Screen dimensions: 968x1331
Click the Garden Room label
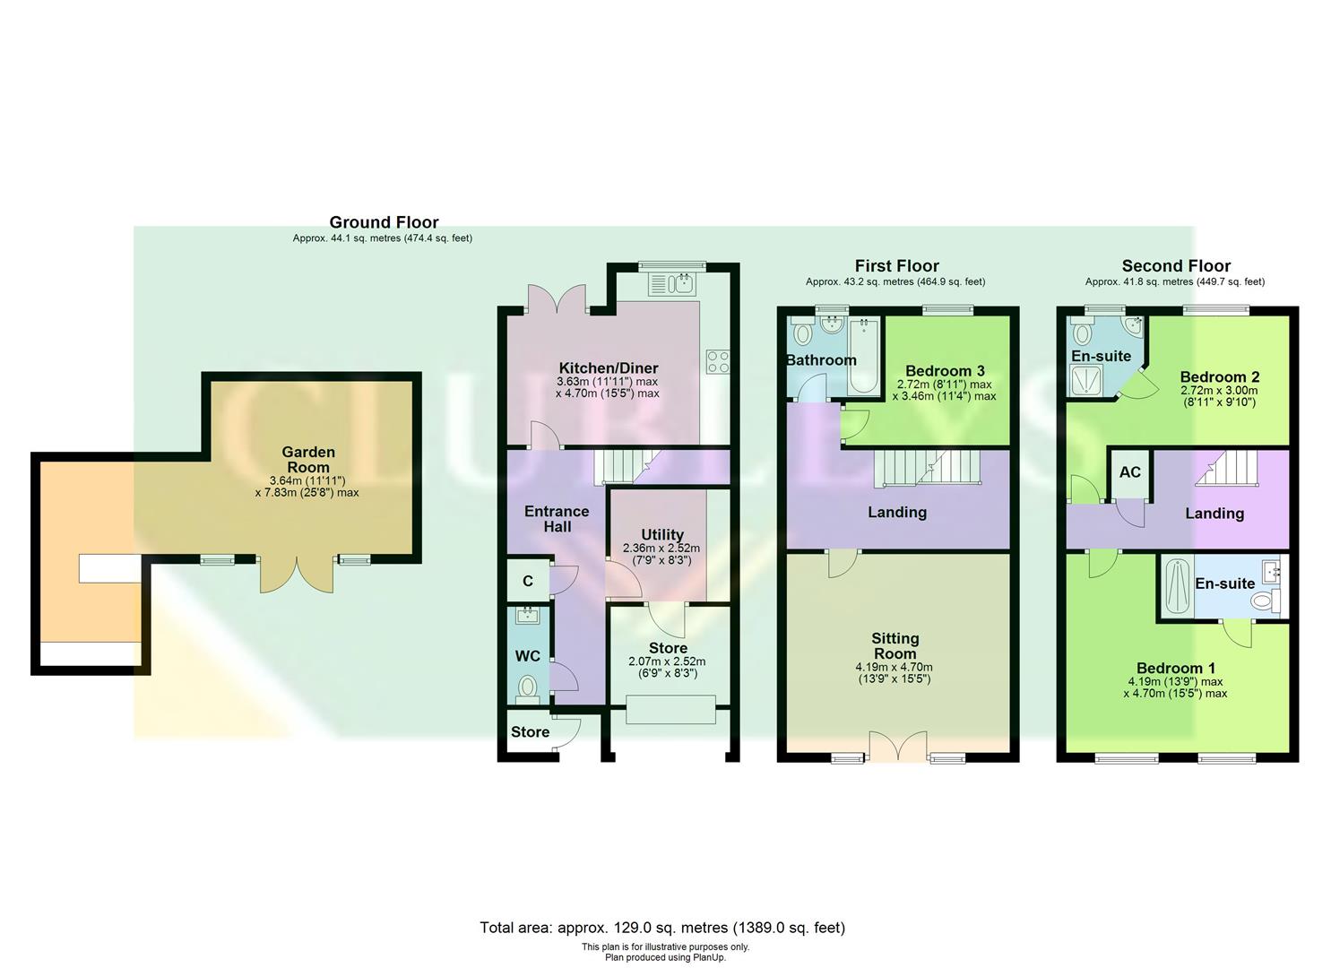pyautogui.click(x=307, y=460)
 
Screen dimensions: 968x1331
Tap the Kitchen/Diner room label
pyautogui.click(x=608, y=368)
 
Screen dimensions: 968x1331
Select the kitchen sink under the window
pyautogui.click(x=672, y=285)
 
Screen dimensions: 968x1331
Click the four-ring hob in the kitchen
pyautogui.click(x=718, y=361)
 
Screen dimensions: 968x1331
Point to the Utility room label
pyautogui.click(x=661, y=534)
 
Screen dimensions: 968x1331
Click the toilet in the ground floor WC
pyautogui.click(x=528, y=687)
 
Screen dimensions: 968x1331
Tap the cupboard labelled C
pyautogui.click(x=528, y=581)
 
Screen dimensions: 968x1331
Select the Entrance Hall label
pyautogui.click(x=557, y=519)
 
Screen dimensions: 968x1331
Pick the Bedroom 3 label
pyautogui.click(x=945, y=371)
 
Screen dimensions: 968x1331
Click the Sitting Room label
pyautogui.click(x=895, y=646)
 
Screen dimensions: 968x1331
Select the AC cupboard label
pyautogui.click(x=1129, y=471)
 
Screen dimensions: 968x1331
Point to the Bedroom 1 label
pyautogui.click(x=1176, y=669)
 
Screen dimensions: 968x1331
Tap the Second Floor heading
pyautogui.click(x=1176, y=266)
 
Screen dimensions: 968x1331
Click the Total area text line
pyautogui.click(x=662, y=928)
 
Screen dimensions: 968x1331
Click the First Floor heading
pyautogui.click(x=896, y=266)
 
